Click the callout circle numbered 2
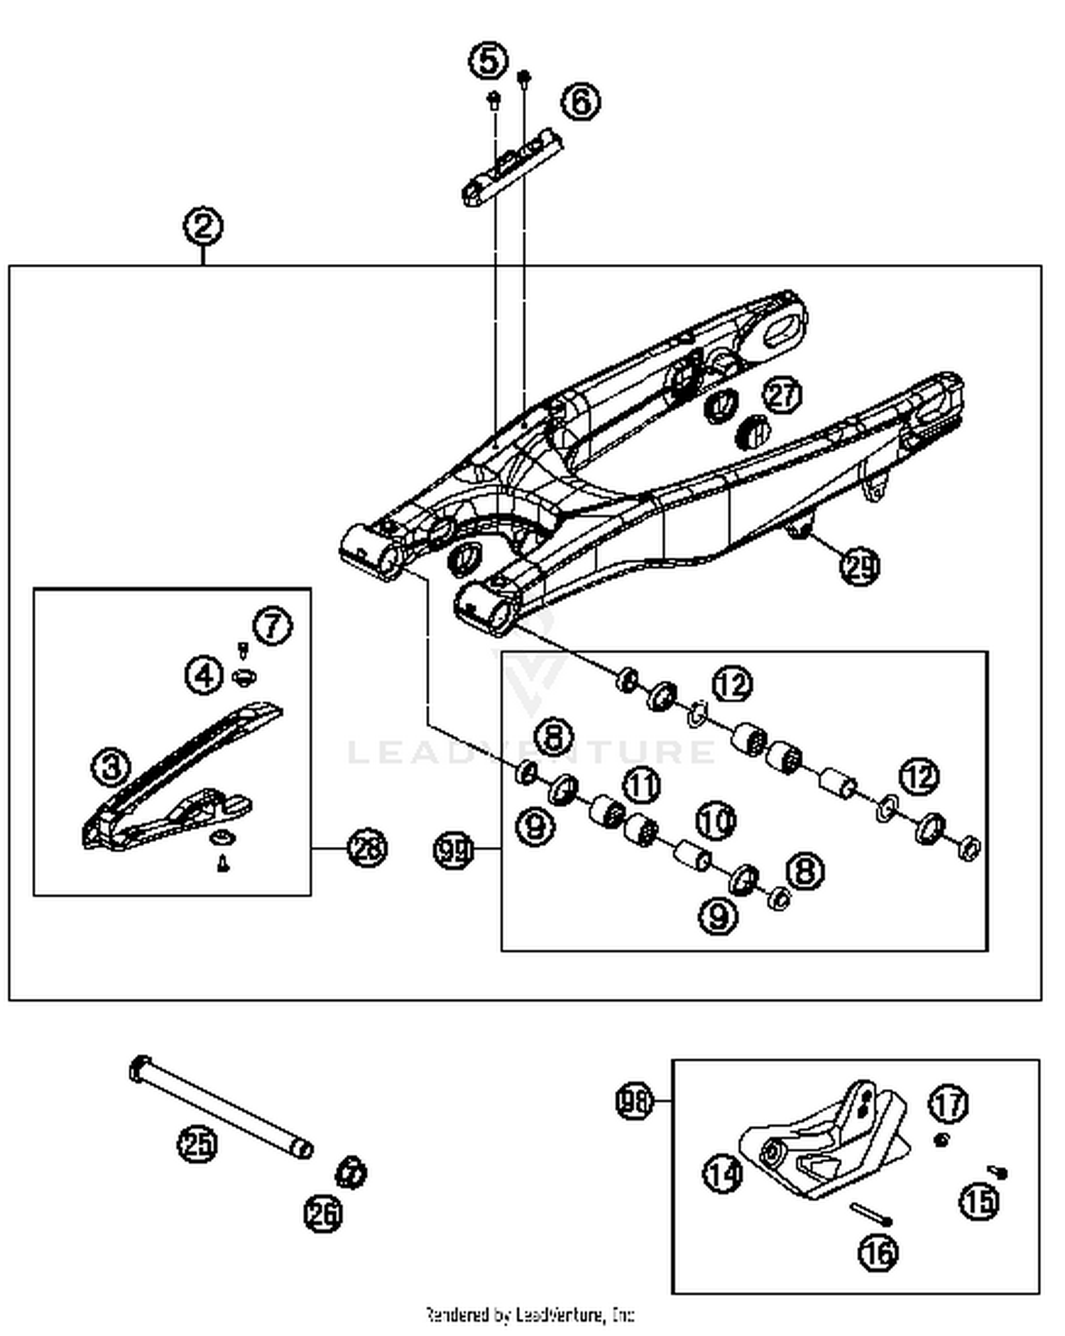(x=203, y=226)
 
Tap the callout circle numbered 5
(x=488, y=61)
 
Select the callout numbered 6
(x=581, y=102)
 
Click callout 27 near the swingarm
(x=782, y=395)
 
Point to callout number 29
(x=860, y=566)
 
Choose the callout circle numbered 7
(x=273, y=626)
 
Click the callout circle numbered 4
(x=204, y=674)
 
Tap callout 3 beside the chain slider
(x=111, y=767)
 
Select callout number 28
(x=367, y=848)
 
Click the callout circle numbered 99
(x=453, y=849)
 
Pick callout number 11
(x=642, y=785)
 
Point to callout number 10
(x=715, y=821)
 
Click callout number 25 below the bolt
(x=197, y=1144)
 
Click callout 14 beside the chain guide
(x=723, y=1173)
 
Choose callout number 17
(x=949, y=1104)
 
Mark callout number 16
(x=878, y=1253)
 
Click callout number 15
(x=980, y=1201)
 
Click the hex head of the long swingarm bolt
(x=139, y=1068)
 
